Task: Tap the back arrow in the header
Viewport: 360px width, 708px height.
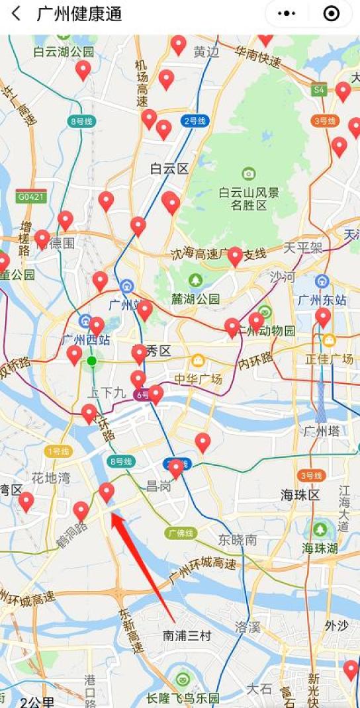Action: point(16,14)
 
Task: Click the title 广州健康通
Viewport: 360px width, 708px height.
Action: point(79,14)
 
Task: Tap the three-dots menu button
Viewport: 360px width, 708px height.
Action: point(287,14)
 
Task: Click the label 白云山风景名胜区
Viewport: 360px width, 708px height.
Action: point(249,199)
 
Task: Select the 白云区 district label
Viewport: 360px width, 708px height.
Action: point(169,169)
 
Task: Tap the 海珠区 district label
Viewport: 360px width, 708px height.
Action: point(300,495)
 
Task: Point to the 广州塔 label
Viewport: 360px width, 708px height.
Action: point(322,431)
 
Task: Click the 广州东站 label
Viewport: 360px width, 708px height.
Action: point(322,300)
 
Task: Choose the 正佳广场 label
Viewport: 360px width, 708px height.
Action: point(329,359)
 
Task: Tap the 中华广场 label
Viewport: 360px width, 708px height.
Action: point(198,378)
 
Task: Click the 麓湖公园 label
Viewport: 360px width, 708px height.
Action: point(195,298)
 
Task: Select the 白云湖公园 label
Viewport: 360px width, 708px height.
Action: point(64,52)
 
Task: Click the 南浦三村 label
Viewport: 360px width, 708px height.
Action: point(187,636)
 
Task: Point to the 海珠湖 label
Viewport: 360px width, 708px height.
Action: point(320,548)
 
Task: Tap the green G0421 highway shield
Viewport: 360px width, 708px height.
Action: point(31,197)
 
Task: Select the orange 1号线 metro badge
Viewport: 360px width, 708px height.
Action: point(58,451)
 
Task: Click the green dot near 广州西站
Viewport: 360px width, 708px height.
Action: point(92,361)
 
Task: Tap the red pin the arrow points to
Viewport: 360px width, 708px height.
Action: point(107,492)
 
